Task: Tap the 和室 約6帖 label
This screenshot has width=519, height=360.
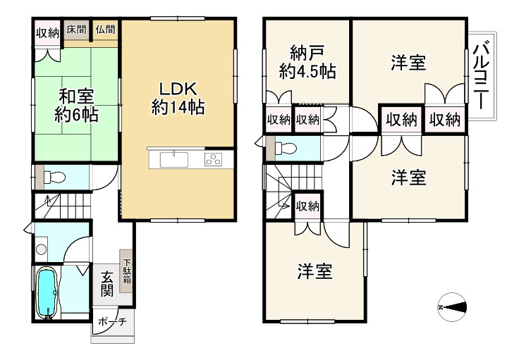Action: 77,105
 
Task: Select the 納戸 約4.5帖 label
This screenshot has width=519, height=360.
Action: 306,62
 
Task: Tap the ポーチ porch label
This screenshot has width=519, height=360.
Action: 111,322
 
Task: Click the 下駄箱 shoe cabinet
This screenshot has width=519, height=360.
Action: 126,268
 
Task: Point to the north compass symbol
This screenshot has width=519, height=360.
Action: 451,307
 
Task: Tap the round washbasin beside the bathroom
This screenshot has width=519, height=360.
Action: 42,249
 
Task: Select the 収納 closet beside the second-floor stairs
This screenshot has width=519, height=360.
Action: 307,206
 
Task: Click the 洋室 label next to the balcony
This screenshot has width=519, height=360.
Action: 408,63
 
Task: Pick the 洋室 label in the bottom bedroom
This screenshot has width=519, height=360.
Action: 315,271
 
